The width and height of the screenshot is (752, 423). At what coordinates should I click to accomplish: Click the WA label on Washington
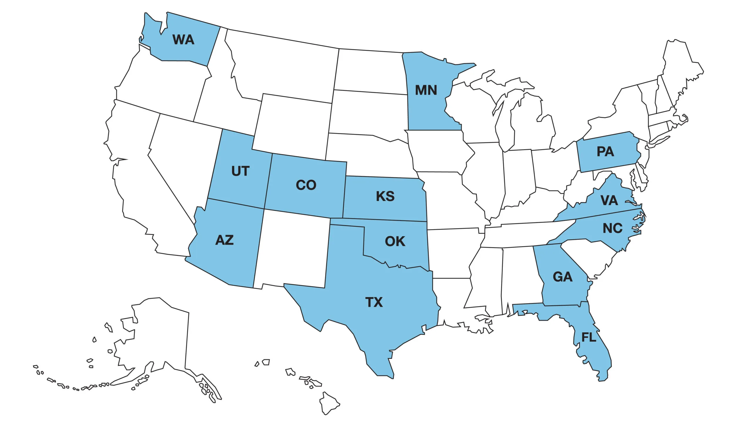tap(183, 40)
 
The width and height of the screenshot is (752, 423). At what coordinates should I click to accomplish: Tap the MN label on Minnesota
tap(426, 90)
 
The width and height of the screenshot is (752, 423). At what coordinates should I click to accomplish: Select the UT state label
tap(240, 171)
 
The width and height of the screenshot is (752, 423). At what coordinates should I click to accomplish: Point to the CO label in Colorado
tap(306, 185)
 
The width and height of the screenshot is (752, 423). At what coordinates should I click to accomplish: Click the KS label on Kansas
tap(385, 196)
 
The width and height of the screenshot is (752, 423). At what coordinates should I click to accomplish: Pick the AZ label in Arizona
tap(224, 240)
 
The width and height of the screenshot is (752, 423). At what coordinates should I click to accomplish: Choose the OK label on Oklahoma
tap(395, 241)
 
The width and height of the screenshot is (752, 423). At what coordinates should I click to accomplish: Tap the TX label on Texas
tap(374, 302)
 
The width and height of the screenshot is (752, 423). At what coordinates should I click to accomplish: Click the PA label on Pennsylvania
tap(605, 152)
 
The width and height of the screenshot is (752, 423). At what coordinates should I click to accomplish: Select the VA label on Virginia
tap(609, 201)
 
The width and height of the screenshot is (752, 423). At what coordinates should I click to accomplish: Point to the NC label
tap(612, 228)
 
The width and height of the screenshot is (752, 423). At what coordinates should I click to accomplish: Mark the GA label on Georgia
tap(563, 277)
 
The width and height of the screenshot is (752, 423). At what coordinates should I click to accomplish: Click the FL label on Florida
tap(589, 338)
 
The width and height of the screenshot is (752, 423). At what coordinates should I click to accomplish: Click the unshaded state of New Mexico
tap(292, 250)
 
